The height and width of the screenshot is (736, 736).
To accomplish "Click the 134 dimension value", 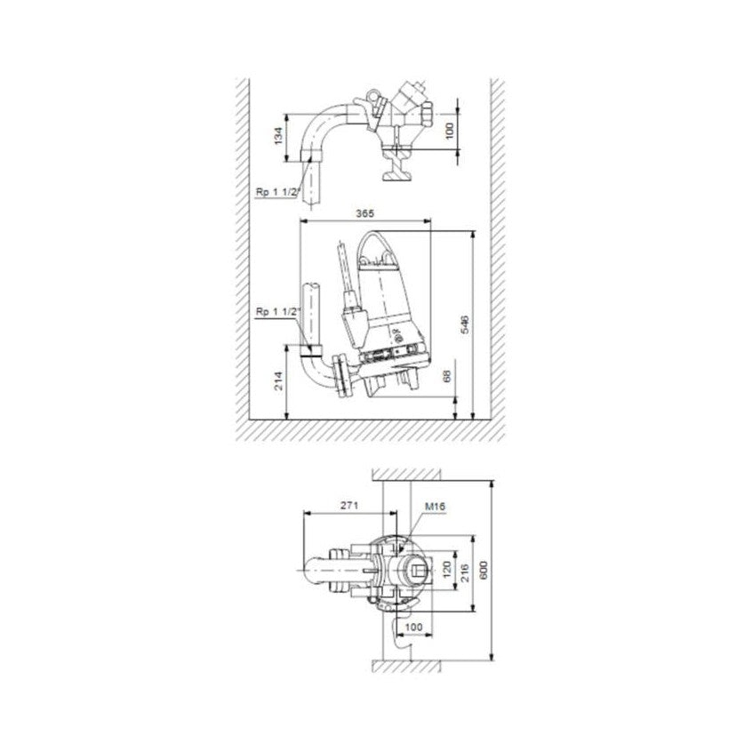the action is (279, 136).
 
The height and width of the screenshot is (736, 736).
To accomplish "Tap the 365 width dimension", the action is (364, 213).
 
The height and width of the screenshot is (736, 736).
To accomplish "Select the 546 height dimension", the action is (465, 324).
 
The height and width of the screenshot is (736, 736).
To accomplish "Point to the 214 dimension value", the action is (279, 381).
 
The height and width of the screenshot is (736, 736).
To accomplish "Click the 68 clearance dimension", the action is (447, 376).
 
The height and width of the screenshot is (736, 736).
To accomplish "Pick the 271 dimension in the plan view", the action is (349, 506).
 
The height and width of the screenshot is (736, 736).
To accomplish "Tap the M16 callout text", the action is (436, 507).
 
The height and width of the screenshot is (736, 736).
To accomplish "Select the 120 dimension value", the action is (447, 569).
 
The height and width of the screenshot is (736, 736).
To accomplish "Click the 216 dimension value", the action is (465, 572).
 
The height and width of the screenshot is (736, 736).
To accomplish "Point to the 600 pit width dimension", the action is (484, 570).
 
